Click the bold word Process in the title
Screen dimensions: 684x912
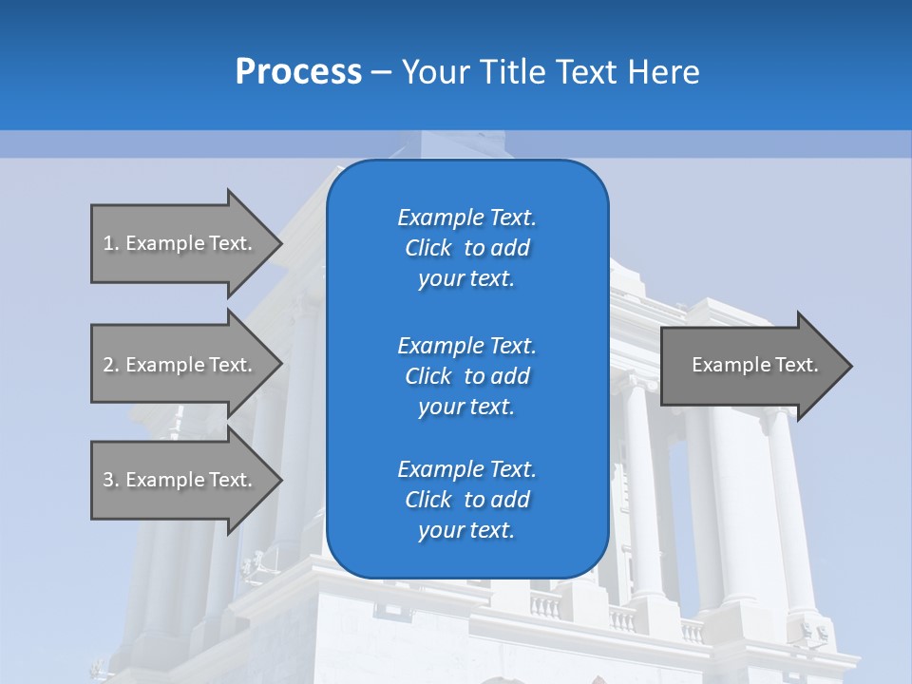pos(298,72)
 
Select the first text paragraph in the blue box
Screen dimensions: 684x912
pos(466,248)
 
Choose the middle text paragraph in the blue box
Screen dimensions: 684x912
pos(466,376)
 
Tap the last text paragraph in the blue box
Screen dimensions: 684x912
pos(466,500)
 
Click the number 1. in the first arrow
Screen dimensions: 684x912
pos(111,243)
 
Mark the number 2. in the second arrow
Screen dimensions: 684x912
pos(111,365)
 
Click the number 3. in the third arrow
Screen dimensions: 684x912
pos(111,480)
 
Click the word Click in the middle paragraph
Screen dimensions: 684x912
pos(428,376)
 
